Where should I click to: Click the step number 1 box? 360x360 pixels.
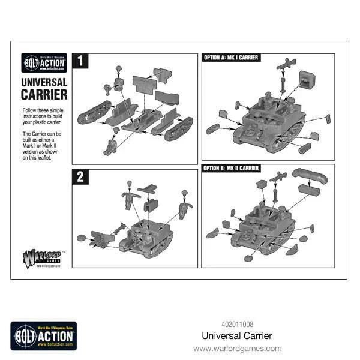tap(80, 61)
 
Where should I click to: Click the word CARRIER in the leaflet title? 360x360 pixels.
tap(44, 94)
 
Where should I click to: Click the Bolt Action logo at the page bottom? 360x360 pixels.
tap(43, 334)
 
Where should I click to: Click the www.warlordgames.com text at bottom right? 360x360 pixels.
tap(237, 348)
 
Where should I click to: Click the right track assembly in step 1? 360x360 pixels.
tap(177, 127)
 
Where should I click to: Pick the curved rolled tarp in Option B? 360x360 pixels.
tap(311, 176)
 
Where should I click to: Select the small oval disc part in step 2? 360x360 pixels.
tap(81, 236)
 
